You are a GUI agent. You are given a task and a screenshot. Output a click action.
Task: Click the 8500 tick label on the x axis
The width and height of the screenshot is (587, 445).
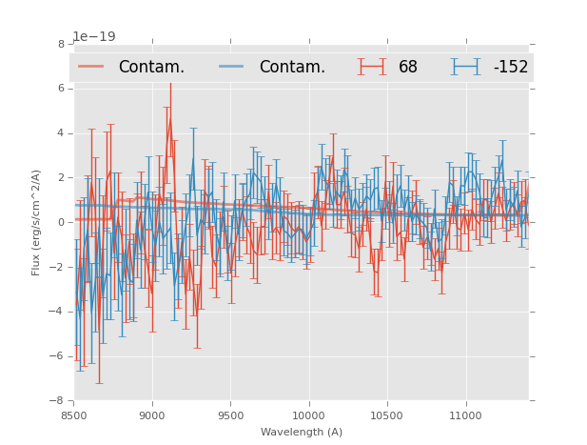(x=74, y=415)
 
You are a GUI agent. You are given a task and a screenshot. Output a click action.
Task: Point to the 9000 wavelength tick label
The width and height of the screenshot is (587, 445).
(x=152, y=415)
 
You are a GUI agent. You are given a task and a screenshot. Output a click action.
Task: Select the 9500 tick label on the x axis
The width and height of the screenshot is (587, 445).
(x=230, y=415)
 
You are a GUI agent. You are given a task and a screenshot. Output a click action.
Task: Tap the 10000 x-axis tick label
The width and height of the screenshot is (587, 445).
(x=308, y=415)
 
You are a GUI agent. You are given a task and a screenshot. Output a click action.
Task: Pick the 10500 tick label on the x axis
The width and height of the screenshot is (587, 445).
(x=386, y=415)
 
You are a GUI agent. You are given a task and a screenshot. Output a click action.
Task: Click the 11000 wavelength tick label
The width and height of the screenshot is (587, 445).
(x=464, y=415)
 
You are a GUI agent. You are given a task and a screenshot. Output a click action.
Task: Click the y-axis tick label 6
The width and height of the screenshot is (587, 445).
(x=62, y=89)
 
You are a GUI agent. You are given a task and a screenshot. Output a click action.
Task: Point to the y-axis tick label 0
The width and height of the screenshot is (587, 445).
(x=62, y=223)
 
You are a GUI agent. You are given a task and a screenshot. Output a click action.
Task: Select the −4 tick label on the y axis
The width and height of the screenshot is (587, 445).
(x=59, y=313)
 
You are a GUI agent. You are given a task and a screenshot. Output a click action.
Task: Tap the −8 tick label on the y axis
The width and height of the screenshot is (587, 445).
(x=59, y=401)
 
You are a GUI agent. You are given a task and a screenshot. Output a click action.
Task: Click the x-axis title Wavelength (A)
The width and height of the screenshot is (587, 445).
(x=302, y=433)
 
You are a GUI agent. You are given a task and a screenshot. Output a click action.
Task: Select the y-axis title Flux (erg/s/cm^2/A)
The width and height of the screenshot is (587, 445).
(x=36, y=222)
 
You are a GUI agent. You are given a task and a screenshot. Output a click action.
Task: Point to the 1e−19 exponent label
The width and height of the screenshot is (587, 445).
(x=94, y=37)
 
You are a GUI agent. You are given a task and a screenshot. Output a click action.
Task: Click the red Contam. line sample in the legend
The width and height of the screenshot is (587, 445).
(x=90, y=67)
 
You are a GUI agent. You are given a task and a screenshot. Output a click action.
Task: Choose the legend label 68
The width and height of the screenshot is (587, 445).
(x=408, y=68)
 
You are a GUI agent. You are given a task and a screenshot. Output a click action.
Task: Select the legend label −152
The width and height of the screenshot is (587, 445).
(x=510, y=68)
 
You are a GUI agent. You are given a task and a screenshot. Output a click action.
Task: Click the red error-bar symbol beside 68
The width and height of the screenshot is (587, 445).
(x=372, y=67)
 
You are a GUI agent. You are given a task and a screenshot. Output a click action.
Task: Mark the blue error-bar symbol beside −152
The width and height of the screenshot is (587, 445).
(x=465, y=67)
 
